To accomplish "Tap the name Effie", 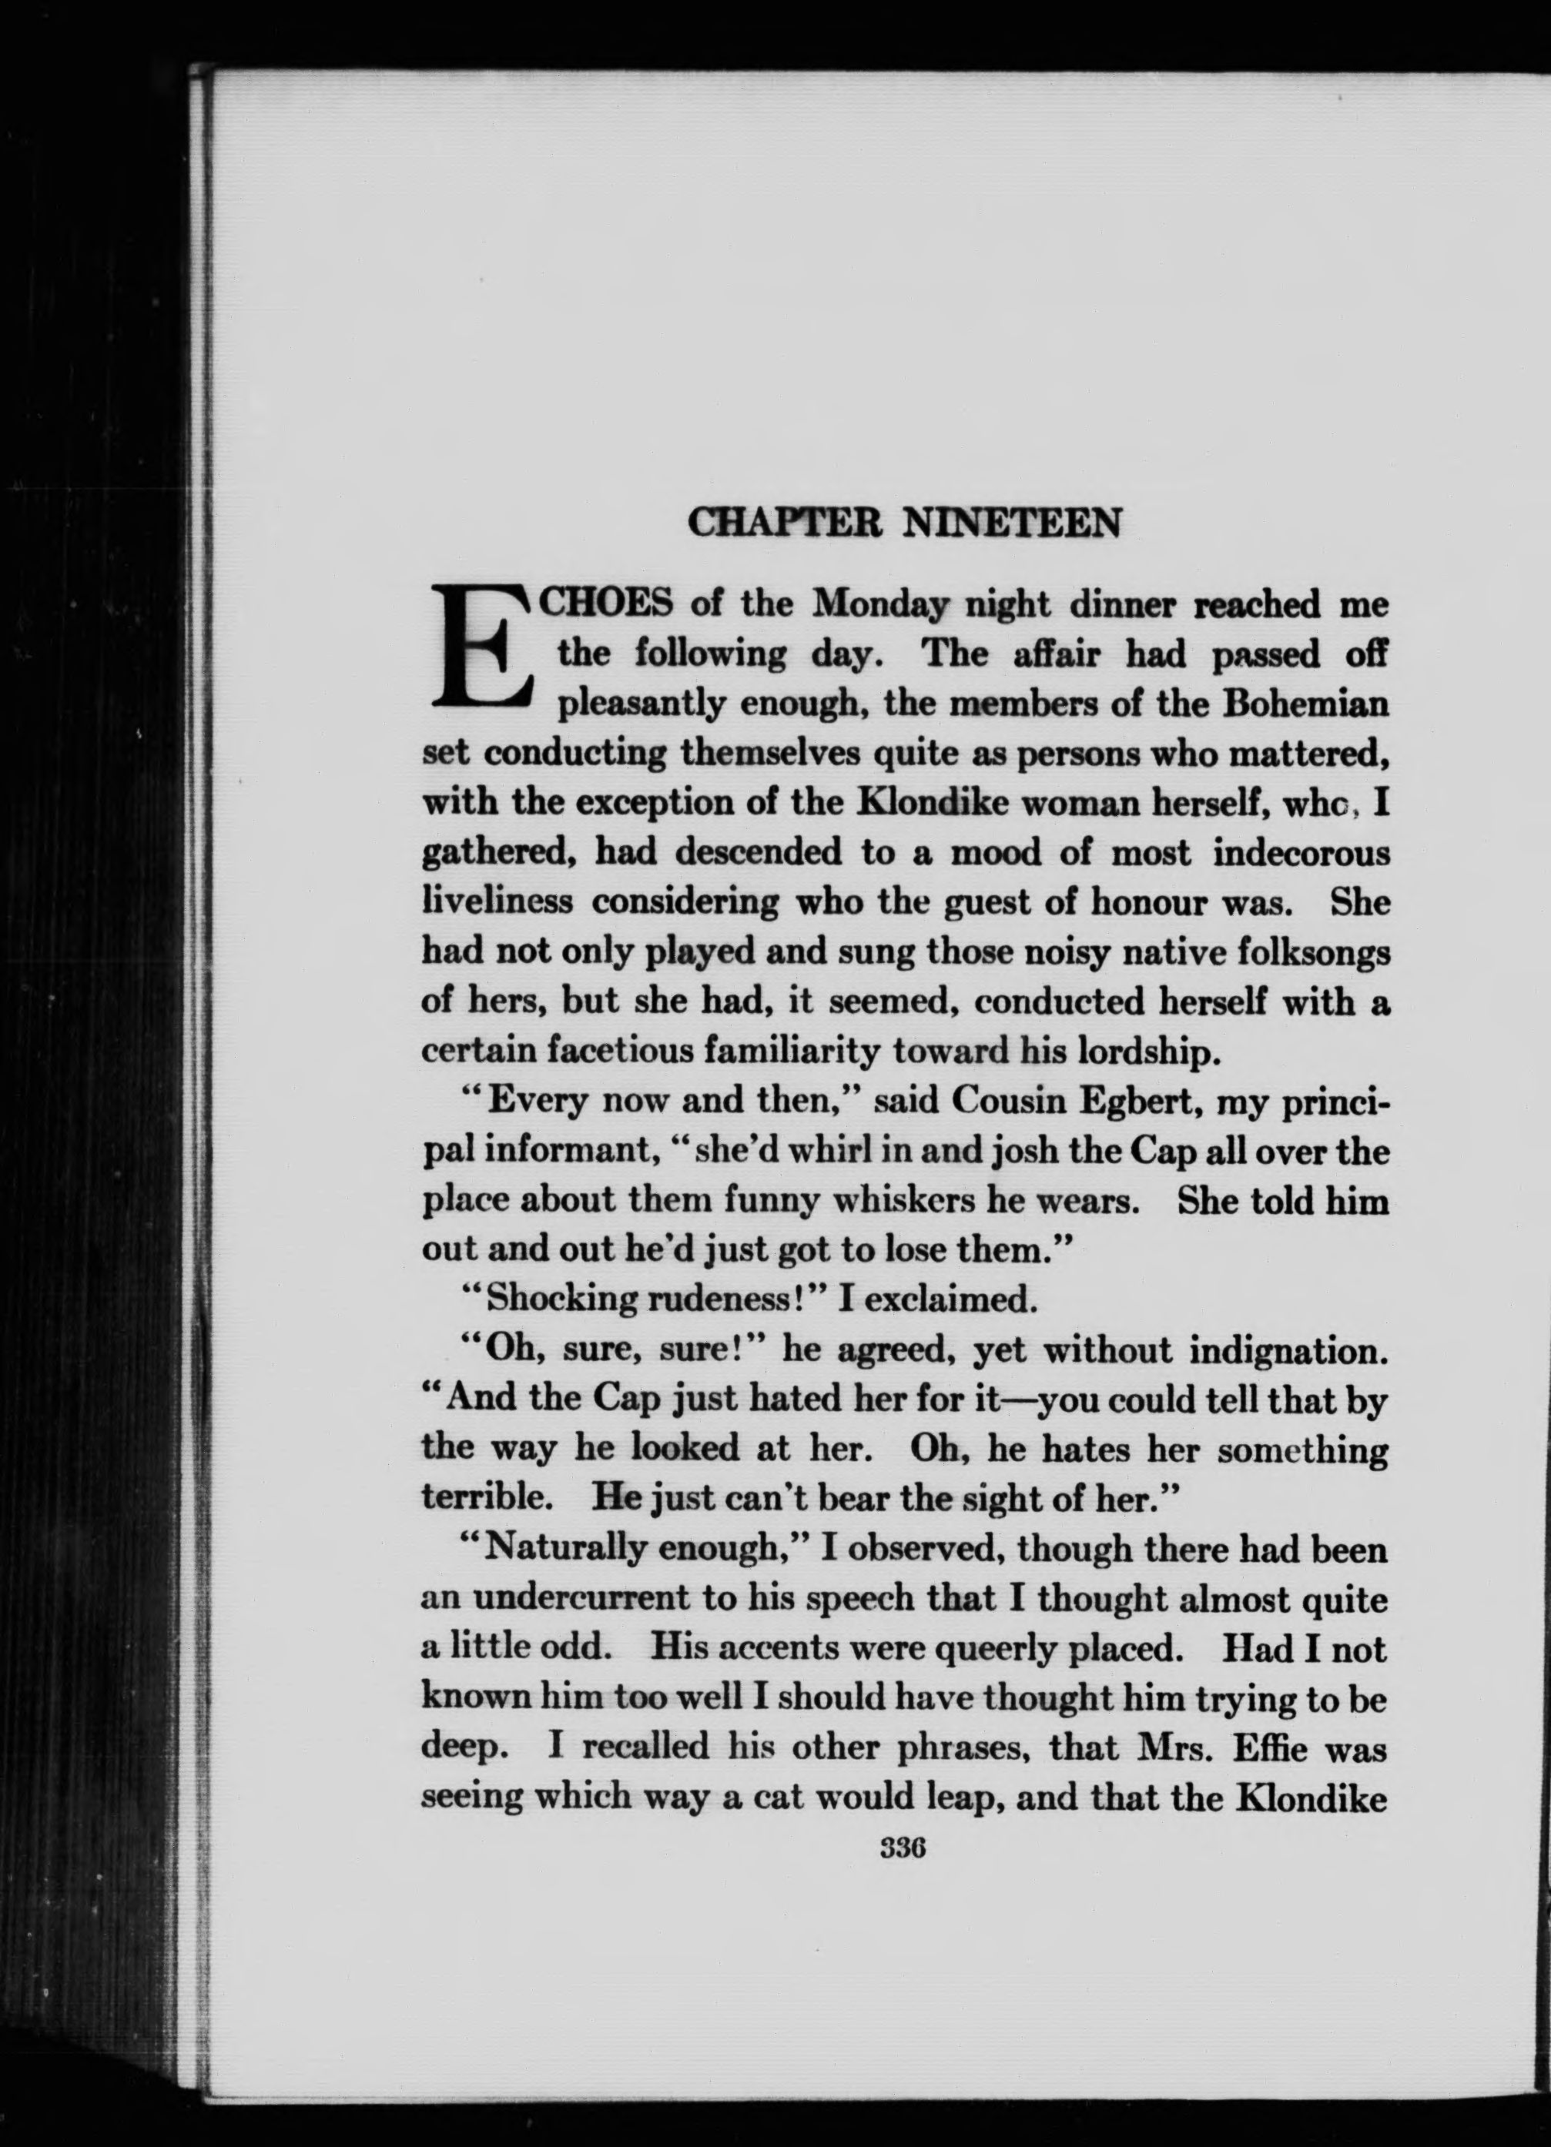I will [x=1270, y=1747].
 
